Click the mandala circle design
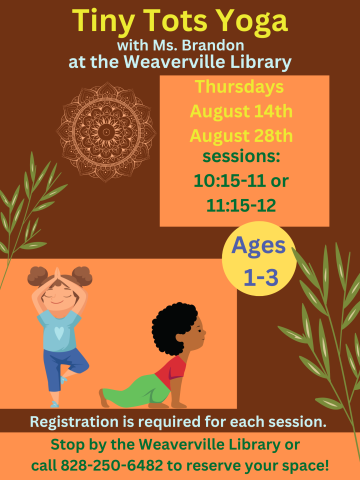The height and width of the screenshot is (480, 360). tap(105, 131)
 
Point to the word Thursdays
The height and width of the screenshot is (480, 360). tap(243, 87)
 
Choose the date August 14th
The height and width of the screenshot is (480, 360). tap(243, 111)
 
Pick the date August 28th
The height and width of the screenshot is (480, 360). tap(243, 134)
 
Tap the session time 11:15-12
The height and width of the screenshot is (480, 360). tap(243, 206)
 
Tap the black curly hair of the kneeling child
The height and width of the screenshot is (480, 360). tap(175, 325)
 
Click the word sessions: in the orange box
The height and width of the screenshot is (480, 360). tap(242, 158)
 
